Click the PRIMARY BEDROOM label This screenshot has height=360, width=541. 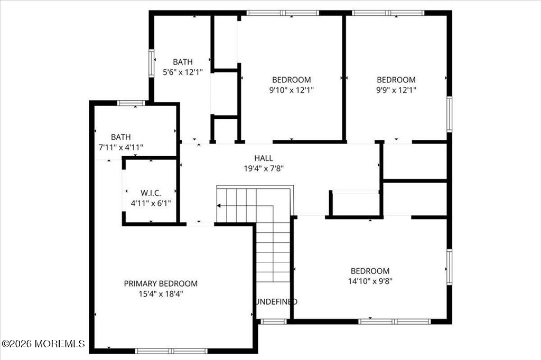[161, 283]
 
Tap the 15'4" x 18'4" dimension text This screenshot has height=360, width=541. [161, 294]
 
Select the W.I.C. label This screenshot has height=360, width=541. [151, 193]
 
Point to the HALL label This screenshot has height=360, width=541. [264, 158]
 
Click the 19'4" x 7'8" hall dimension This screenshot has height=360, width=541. [264, 168]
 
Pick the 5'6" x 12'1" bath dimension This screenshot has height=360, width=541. [183, 72]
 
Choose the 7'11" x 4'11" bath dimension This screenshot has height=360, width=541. [121, 148]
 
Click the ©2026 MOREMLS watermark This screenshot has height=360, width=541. [43, 344]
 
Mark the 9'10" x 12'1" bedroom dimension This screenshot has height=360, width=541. [292, 90]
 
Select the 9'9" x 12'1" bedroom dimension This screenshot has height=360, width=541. [396, 90]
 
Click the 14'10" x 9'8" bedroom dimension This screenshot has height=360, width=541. [370, 281]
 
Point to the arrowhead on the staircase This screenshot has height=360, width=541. [218, 206]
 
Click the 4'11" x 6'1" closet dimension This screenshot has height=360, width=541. [151, 203]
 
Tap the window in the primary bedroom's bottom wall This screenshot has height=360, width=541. [171, 351]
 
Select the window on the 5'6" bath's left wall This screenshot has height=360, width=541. [152, 63]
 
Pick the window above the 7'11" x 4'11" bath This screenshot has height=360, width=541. [131, 103]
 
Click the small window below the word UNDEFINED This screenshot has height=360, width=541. [274, 321]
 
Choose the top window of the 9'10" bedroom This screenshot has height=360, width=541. [283, 13]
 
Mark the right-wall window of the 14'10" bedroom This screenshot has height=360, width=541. [449, 267]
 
